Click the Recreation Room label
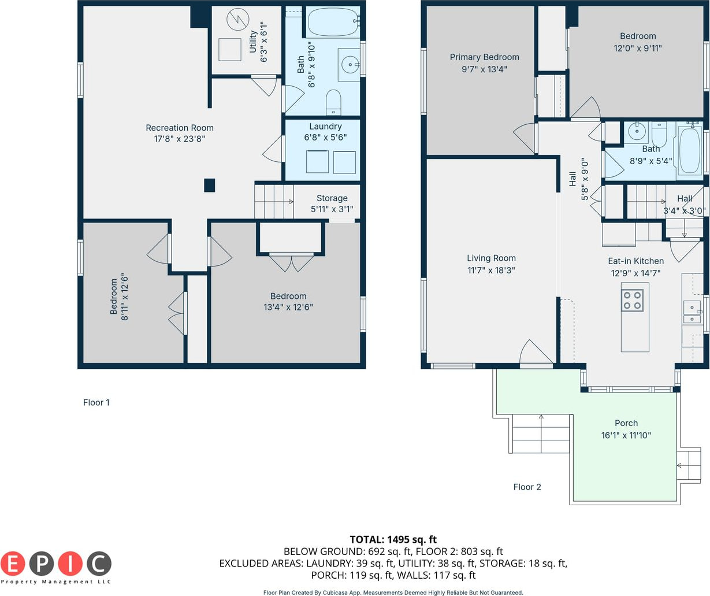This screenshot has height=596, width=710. coord(180,128)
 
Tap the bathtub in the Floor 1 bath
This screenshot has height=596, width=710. coord(333,22)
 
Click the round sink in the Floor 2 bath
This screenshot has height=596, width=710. coord(637,131)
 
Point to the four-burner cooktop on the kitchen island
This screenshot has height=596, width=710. coord(632,301)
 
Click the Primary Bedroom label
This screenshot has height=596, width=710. coord(484,57)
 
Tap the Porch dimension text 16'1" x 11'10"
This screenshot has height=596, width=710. coord(626,435)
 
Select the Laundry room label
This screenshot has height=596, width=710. coord(325,126)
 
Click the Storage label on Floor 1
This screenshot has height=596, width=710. coord(332,198)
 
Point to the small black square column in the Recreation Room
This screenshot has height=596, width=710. coord(210,186)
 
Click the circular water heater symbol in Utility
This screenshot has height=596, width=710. coord(237,20)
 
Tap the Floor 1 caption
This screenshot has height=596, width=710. coord(96,402)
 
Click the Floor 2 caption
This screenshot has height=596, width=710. coord(527,487)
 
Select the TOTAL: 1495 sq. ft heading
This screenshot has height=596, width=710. coord(393,539)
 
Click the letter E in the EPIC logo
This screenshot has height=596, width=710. coord(13,564)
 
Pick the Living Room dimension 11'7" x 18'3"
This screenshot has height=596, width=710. coord(491,271)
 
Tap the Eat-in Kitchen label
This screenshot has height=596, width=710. coord(635,261)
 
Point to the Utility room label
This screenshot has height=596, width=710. coord(252,42)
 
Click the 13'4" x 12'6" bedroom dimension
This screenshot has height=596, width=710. coord(288,307)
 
